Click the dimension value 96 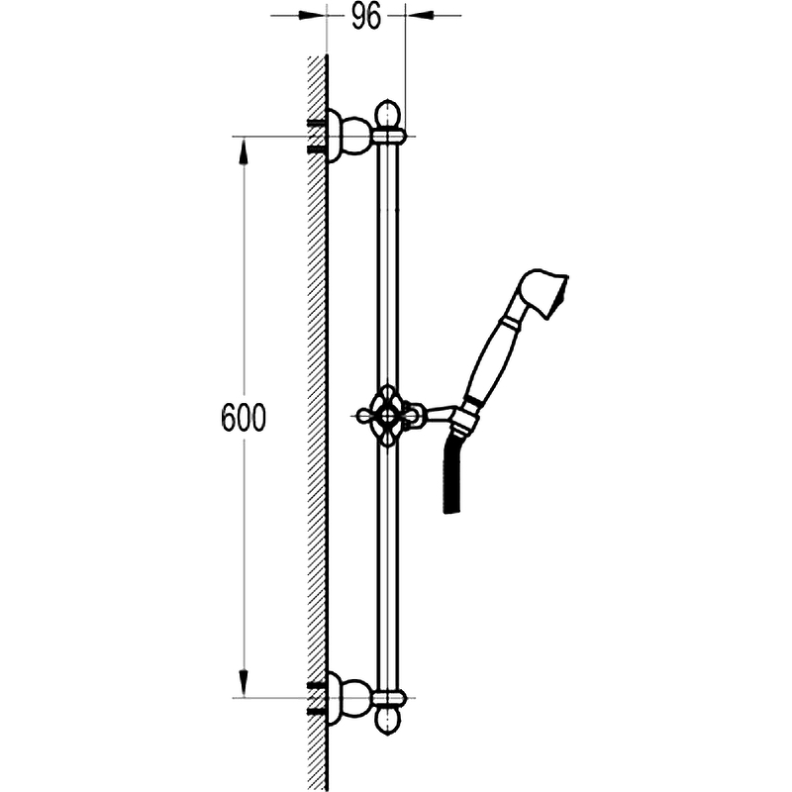(x=365, y=18)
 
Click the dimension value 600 (x=244, y=418)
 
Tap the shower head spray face (x=558, y=298)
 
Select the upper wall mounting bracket (x=349, y=136)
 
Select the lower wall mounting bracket (x=349, y=698)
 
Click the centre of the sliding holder (x=388, y=416)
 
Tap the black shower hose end (x=452, y=475)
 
